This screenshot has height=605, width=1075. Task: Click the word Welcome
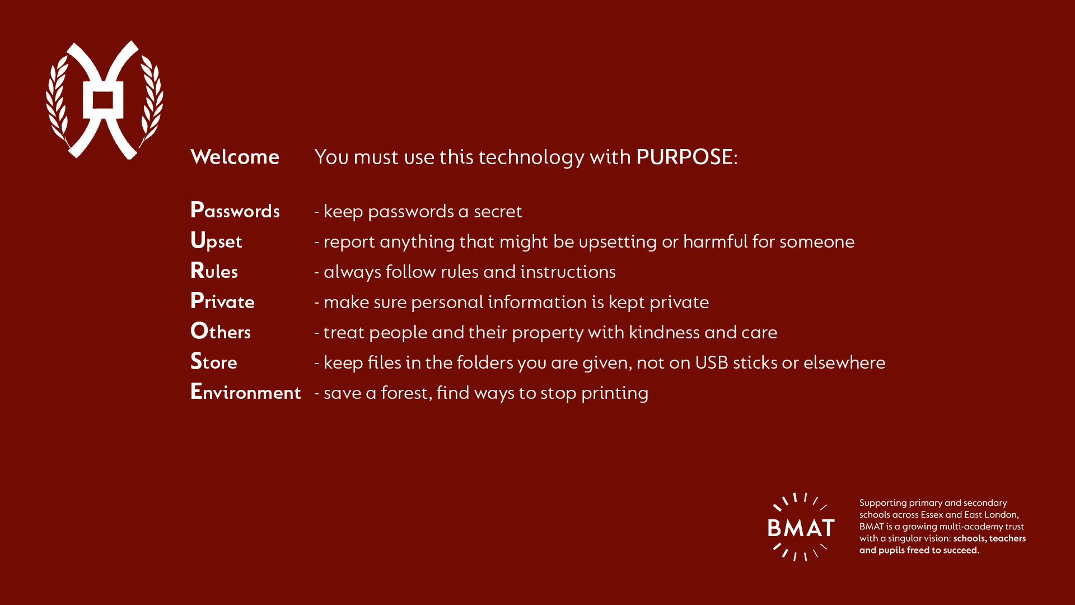point(235,157)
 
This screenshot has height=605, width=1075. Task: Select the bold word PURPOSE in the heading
point(684,157)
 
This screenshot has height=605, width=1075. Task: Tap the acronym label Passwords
point(235,210)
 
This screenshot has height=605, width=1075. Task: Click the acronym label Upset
point(216,241)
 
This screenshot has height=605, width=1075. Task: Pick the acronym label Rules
point(214,271)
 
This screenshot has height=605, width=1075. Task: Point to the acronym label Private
point(222,301)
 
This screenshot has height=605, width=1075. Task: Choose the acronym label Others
point(221,331)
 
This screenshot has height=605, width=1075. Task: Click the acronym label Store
point(213,361)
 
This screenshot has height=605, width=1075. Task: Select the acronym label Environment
point(246,392)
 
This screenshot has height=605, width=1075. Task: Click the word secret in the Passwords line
point(498,211)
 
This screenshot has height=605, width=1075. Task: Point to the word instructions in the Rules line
point(568,272)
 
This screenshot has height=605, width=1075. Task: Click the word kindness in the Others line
point(664,332)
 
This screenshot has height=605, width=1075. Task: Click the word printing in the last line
point(615,393)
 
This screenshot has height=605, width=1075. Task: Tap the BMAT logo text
point(801,528)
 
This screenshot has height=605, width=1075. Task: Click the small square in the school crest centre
point(103,101)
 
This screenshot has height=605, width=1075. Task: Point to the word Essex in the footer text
point(932,514)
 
